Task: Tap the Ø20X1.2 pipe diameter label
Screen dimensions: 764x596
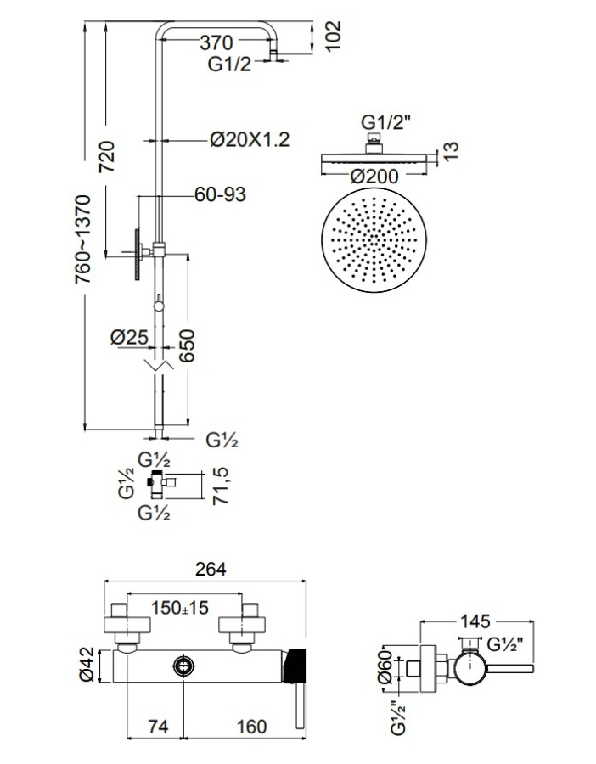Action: (249, 138)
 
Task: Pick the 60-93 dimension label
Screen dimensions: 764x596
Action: (220, 195)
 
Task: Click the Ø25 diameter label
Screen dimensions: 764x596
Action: (130, 337)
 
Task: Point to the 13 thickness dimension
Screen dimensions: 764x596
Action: (451, 151)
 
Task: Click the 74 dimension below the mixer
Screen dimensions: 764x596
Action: (159, 726)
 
